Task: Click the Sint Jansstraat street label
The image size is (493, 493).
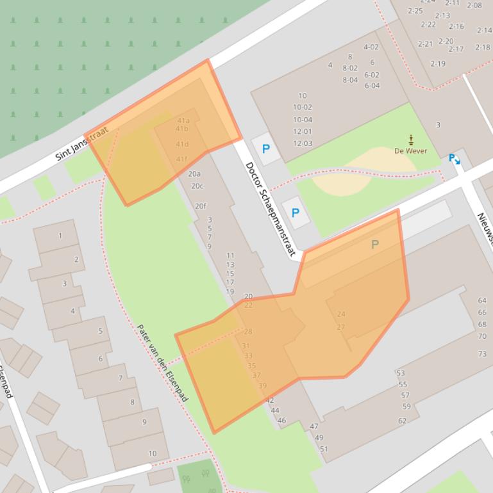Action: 82,145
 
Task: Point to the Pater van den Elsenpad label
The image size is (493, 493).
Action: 162,363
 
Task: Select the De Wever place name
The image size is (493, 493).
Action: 411,151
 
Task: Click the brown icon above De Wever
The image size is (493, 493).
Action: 411,140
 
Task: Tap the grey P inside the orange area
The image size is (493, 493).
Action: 375,244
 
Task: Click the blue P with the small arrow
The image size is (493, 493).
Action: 454,158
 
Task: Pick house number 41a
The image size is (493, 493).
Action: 183,120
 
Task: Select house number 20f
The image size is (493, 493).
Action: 201,206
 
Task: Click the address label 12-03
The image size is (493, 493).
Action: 303,143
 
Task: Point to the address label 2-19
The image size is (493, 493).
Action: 438,64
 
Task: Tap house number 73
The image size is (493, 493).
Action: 482,354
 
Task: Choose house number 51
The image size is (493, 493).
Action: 324,449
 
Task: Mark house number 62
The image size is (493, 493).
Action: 402,421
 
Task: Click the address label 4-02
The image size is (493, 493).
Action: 371,47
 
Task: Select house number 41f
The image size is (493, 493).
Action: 182,159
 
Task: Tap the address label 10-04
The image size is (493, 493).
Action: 303,120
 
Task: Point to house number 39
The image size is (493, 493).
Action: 262,386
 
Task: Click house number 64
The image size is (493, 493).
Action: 482,300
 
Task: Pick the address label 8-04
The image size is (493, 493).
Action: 350,80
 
